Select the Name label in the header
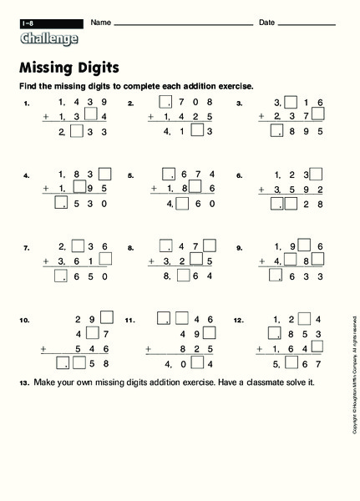(101, 21)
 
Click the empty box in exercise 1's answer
(78, 131)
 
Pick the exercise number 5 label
(131, 176)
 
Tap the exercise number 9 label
(239, 248)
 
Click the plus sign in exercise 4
(45, 190)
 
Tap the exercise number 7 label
(27, 248)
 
